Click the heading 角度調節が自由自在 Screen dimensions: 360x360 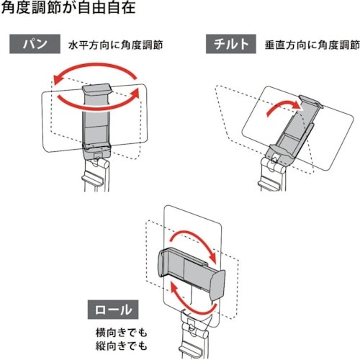coord(68,7)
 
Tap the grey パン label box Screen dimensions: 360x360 coord(35,44)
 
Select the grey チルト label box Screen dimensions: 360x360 coord(231,44)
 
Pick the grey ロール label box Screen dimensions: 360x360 coord(113,310)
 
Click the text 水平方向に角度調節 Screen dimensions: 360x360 coord(116,45)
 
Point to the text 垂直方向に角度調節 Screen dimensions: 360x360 coord(312,45)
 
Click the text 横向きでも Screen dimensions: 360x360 coord(121,333)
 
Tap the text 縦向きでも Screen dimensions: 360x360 coord(121,346)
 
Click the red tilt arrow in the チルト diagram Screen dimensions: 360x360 coord(282,106)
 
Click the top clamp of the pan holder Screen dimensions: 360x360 coord(96,89)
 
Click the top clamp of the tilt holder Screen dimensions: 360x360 coord(310,101)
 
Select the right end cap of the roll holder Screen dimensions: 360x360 coord(218,285)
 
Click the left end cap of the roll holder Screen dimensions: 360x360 coord(163,262)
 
